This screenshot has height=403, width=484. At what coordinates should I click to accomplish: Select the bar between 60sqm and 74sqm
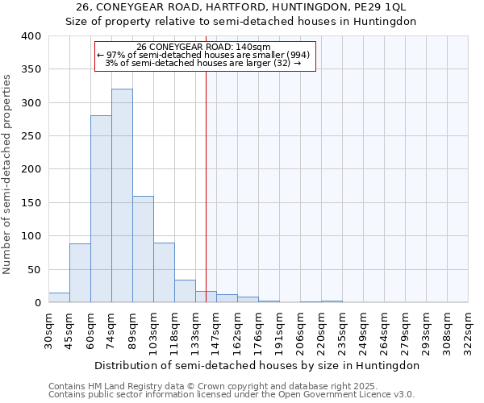click(101, 210)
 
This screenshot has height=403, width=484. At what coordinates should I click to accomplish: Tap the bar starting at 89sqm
click(143, 249)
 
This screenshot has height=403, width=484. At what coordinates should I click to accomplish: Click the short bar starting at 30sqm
click(59, 297)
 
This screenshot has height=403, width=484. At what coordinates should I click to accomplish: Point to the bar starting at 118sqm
click(185, 291)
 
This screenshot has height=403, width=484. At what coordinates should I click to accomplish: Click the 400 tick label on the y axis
click(31, 36)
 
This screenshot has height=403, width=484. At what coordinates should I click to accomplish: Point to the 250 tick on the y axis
click(31, 136)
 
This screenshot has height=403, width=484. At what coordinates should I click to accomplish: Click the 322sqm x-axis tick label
click(469, 330)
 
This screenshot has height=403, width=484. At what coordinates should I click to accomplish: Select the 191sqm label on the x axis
click(280, 330)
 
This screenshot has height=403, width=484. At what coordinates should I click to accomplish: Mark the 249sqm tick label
click(364, 330)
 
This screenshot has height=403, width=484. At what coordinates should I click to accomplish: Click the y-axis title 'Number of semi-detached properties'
click(7, 173)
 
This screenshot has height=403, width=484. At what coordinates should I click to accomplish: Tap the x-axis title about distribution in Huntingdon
click(257, 365)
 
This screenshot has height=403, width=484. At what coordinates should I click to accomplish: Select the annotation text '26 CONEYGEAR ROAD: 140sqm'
click(204, 48)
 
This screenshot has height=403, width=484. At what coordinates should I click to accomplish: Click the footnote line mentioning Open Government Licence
click(232, 395)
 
